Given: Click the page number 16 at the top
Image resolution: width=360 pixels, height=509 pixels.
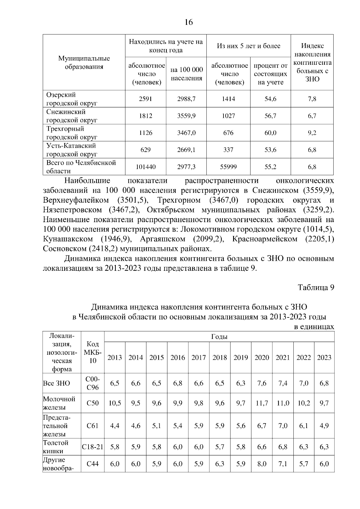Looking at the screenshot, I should point(189,22).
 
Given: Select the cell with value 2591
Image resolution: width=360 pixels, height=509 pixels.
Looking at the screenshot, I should point(145,99).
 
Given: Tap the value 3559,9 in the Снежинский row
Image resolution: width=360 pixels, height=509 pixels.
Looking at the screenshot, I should point(186,116).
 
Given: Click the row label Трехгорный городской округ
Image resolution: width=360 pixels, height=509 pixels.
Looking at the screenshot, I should point(72,133).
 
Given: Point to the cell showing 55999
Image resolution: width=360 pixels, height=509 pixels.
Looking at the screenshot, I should point(228,167).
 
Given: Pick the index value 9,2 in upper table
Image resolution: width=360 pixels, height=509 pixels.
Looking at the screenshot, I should point(312,133).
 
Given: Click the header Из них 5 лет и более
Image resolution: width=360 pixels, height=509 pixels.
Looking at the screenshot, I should point(248,46).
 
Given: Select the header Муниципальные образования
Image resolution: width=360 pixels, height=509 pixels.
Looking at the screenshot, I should point(84,63).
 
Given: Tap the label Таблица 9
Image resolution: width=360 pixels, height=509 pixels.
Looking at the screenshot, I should point(316,287).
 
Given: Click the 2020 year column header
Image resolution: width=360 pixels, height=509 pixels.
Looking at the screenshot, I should point(262,358).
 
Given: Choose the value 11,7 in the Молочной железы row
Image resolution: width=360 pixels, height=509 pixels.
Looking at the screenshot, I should point(262,403).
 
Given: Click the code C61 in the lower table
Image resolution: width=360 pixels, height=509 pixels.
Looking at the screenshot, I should point(93,426).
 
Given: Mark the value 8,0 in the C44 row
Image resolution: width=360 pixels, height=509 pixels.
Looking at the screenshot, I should point(262,464).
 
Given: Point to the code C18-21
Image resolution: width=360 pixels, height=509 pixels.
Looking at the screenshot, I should point(93,447).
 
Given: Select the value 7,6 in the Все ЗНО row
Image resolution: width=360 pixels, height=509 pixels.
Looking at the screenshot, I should point(262,383).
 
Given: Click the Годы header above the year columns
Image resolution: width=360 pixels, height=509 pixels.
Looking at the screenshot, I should point(219,337).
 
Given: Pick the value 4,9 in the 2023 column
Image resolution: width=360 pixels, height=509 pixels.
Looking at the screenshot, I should point(324,426).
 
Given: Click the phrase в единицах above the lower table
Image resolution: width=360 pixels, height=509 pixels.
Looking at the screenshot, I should point(313,327).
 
